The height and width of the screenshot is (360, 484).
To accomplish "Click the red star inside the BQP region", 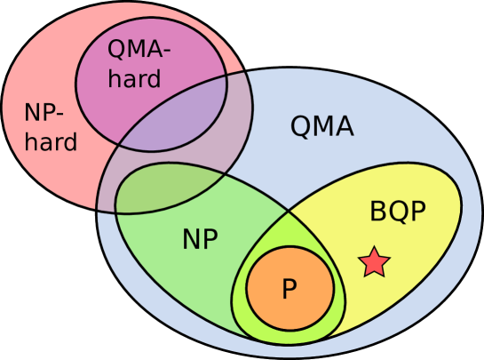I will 374,261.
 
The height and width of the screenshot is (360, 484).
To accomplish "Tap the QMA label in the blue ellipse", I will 321,127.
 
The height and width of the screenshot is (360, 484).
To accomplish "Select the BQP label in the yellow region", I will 398,212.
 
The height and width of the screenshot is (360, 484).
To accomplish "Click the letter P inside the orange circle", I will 289,289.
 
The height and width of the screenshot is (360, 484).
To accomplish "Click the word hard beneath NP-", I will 52,141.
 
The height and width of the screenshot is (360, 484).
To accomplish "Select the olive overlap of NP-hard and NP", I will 151,191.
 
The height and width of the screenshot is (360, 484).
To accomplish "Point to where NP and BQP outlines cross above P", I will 288,212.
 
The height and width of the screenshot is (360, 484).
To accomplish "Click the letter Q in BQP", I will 398,212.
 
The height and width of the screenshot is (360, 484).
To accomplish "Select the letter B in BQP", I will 377,212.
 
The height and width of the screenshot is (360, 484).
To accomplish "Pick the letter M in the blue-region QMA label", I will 321,127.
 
